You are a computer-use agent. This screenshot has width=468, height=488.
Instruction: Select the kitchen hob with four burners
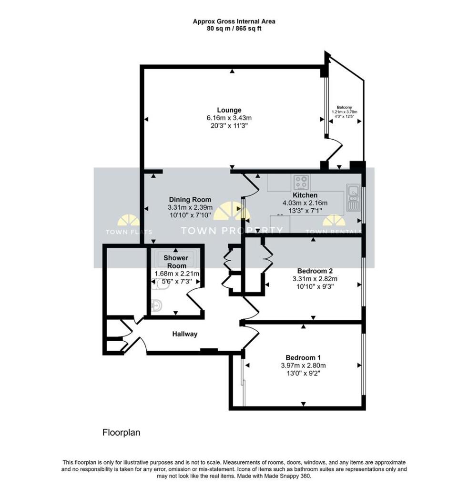point(301,182)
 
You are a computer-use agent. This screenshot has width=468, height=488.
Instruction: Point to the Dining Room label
point(190,200)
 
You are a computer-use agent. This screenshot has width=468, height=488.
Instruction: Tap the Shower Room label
point(175,262)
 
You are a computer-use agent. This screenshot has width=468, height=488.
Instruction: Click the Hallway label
point(184,334)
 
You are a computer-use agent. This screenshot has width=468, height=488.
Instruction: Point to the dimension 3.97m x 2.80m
point(303,366)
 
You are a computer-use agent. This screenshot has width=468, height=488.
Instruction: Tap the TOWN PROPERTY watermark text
point(232,231)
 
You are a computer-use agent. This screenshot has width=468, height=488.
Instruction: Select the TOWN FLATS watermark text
point(129,232)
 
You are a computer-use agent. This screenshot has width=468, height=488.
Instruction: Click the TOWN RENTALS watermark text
point(333,232)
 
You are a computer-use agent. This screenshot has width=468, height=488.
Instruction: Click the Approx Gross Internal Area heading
point(234,21)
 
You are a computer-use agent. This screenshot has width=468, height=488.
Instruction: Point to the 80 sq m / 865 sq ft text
point(234,29)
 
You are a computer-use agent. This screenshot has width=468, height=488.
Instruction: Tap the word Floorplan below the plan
point(121,433)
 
